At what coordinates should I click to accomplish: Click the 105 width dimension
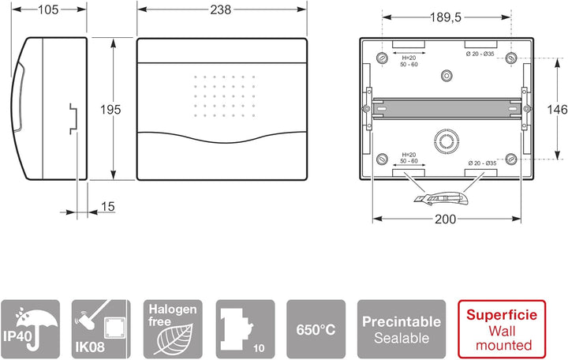(x=48, y=9)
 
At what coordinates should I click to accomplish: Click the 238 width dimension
(x=221, y=9)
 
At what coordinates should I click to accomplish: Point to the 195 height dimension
(x=110, y=110)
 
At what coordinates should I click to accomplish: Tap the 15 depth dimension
(x=107, y=207)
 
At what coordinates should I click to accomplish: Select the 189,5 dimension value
(x=446, y=17)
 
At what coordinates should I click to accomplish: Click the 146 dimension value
(x=557, y=109)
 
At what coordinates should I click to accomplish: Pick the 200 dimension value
(x=446, y=219)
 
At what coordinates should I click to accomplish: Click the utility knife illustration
(x=441, y=199)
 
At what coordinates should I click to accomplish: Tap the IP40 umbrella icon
(x=31, y=329)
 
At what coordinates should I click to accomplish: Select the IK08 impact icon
(x=101, y=329)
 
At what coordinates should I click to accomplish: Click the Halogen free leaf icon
(x=173, y=329)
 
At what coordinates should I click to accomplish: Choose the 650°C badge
(x=316, y=329)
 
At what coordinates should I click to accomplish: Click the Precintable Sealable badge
(x=402, y=329)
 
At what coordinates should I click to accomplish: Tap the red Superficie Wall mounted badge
(x=502, y=329)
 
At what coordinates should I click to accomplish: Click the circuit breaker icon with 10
(x=245, y=329)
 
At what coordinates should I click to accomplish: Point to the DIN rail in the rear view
(x=447, y=108)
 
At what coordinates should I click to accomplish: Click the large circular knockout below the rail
(x=447, y=141)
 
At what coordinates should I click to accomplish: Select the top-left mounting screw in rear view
(x=382, y=58)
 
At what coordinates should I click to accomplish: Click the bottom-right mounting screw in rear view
(x=511, y=159)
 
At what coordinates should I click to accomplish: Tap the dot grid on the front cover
(x=224, y=96)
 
